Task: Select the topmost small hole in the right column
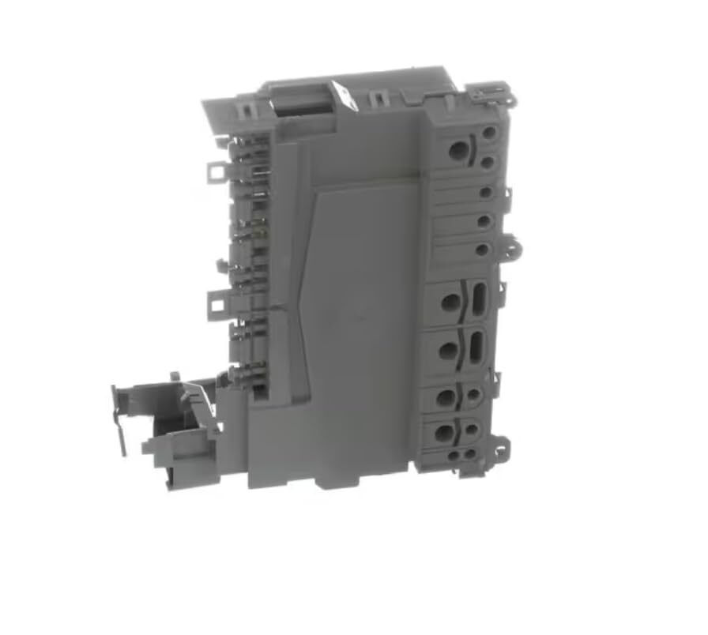click(489, 132)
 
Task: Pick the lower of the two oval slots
click(476, 348)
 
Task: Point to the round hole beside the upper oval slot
click(450, 302)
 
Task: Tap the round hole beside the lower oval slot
click(448, 351)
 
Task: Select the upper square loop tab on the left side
click(214, 171)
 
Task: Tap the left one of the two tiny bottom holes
click(454, 456)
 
